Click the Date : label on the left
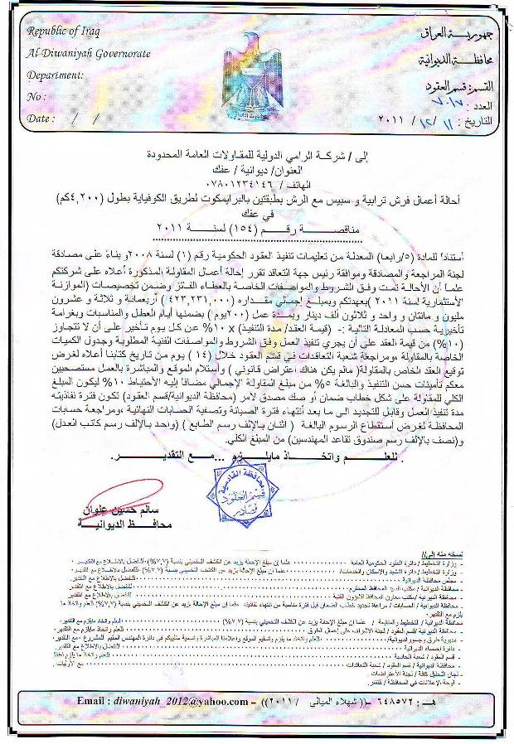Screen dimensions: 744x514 (x=41, y=118)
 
